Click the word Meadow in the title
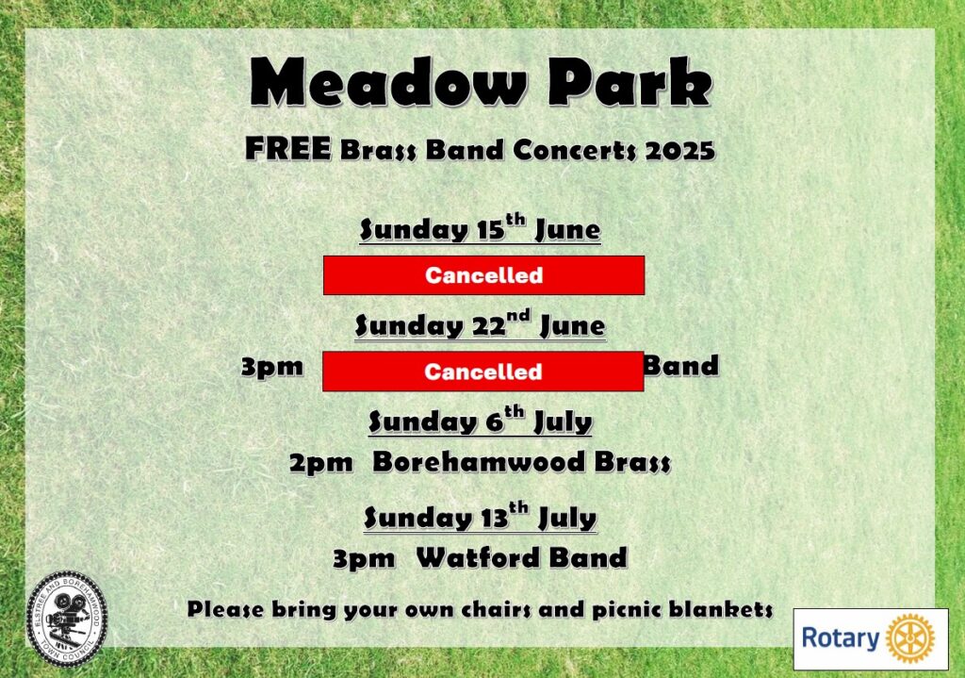tap(388, 82)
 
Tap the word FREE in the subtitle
tap(288, 149)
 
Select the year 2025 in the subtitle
tap(680, 150)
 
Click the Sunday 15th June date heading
tap(480, 228)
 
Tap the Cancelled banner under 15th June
tap(483, 275)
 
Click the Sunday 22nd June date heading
tap(480, 324)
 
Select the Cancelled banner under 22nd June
tap(483, 372)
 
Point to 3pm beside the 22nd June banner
tap(272, 368)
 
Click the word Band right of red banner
tap(681, 366)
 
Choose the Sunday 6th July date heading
tap(480, 421)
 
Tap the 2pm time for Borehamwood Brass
tap(321, 463)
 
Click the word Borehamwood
tap(478, 462)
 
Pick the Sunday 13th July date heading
tap(480, 517)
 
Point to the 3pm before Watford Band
tap(364, 559)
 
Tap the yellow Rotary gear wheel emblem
tap(909, 638)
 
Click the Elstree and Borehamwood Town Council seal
tap(67, 619)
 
